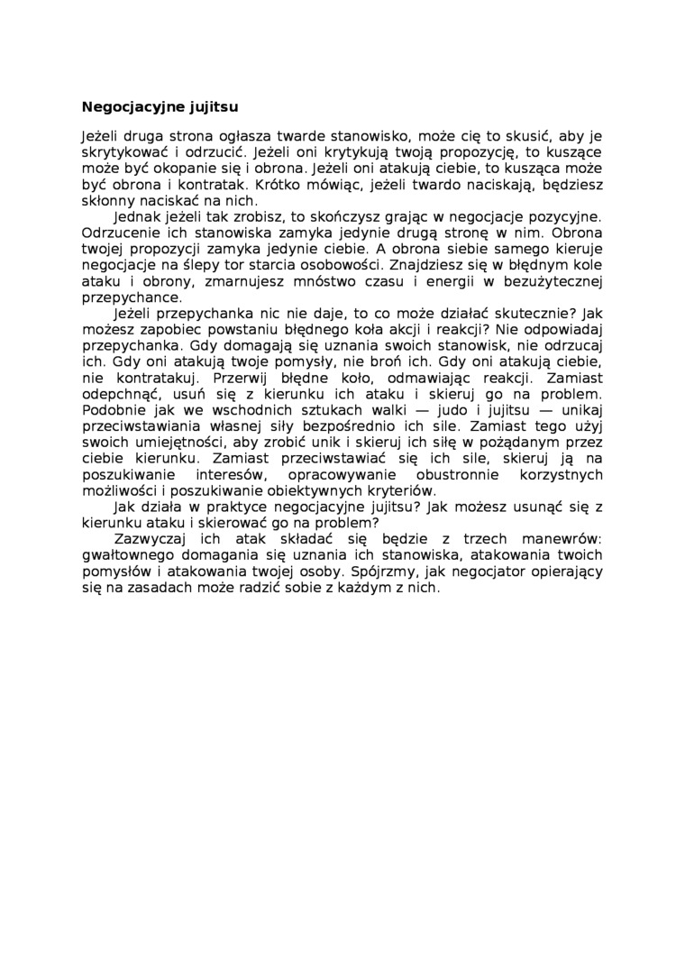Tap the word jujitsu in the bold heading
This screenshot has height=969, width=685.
215,105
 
